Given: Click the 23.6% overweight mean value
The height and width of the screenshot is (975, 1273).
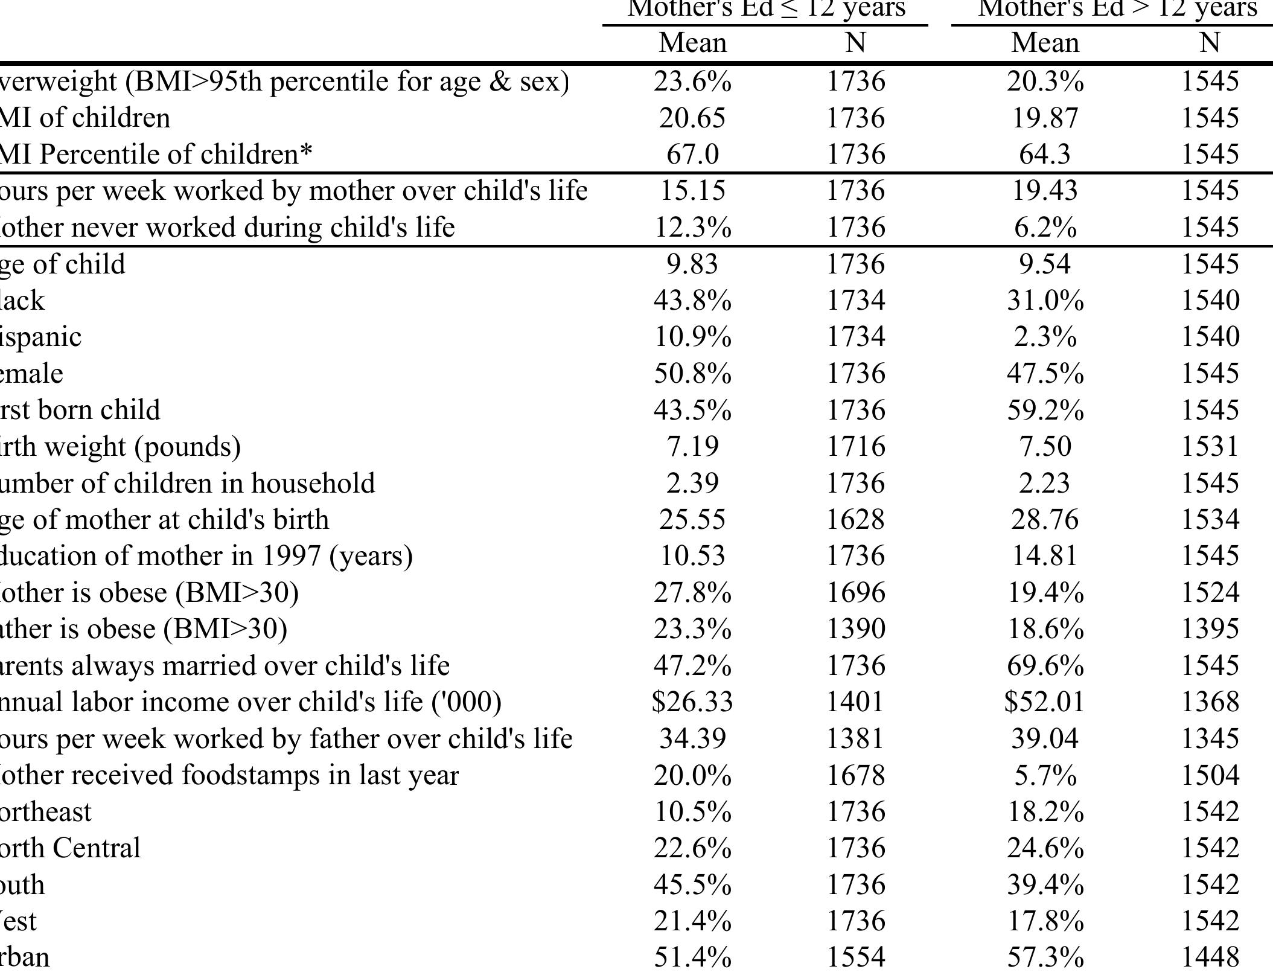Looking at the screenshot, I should click(692, 82).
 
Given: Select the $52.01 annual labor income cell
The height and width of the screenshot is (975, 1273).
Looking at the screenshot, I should click(1044, 702).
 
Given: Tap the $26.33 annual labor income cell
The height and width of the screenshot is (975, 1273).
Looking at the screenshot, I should click(692, 702).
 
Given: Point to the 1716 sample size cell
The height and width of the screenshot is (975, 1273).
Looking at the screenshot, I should click(855, 447).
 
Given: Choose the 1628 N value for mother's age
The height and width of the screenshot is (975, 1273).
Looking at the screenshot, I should click(855, 520).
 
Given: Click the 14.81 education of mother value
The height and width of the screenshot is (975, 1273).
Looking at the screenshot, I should click(1044, 556).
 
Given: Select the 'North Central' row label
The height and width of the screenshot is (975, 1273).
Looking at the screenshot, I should click(70, 848).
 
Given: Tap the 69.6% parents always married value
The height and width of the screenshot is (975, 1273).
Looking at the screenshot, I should click(1044, 666).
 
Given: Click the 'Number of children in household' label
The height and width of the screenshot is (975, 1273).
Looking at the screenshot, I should click(187, 484).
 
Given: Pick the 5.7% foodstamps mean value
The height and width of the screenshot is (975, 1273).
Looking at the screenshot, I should click(1044, 775).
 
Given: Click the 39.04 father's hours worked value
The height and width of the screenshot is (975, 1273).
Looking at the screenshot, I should click(1044, 739).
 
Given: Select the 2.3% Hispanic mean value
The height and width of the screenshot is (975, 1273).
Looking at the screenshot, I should click(1044, 337).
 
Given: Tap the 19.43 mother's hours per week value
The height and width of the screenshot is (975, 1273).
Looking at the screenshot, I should click(1044, 191).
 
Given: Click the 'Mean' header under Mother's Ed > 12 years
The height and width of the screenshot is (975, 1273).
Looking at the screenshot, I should click(1044, 43).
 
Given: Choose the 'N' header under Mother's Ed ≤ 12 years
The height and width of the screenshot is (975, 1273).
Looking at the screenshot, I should click(855, 43).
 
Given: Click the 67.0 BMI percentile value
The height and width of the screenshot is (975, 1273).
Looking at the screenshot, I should click(692, 155).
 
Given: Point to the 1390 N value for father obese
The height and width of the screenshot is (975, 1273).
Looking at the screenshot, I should click(855, 629).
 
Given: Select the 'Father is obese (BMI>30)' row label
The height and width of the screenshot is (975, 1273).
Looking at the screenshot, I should click(143, 629).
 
